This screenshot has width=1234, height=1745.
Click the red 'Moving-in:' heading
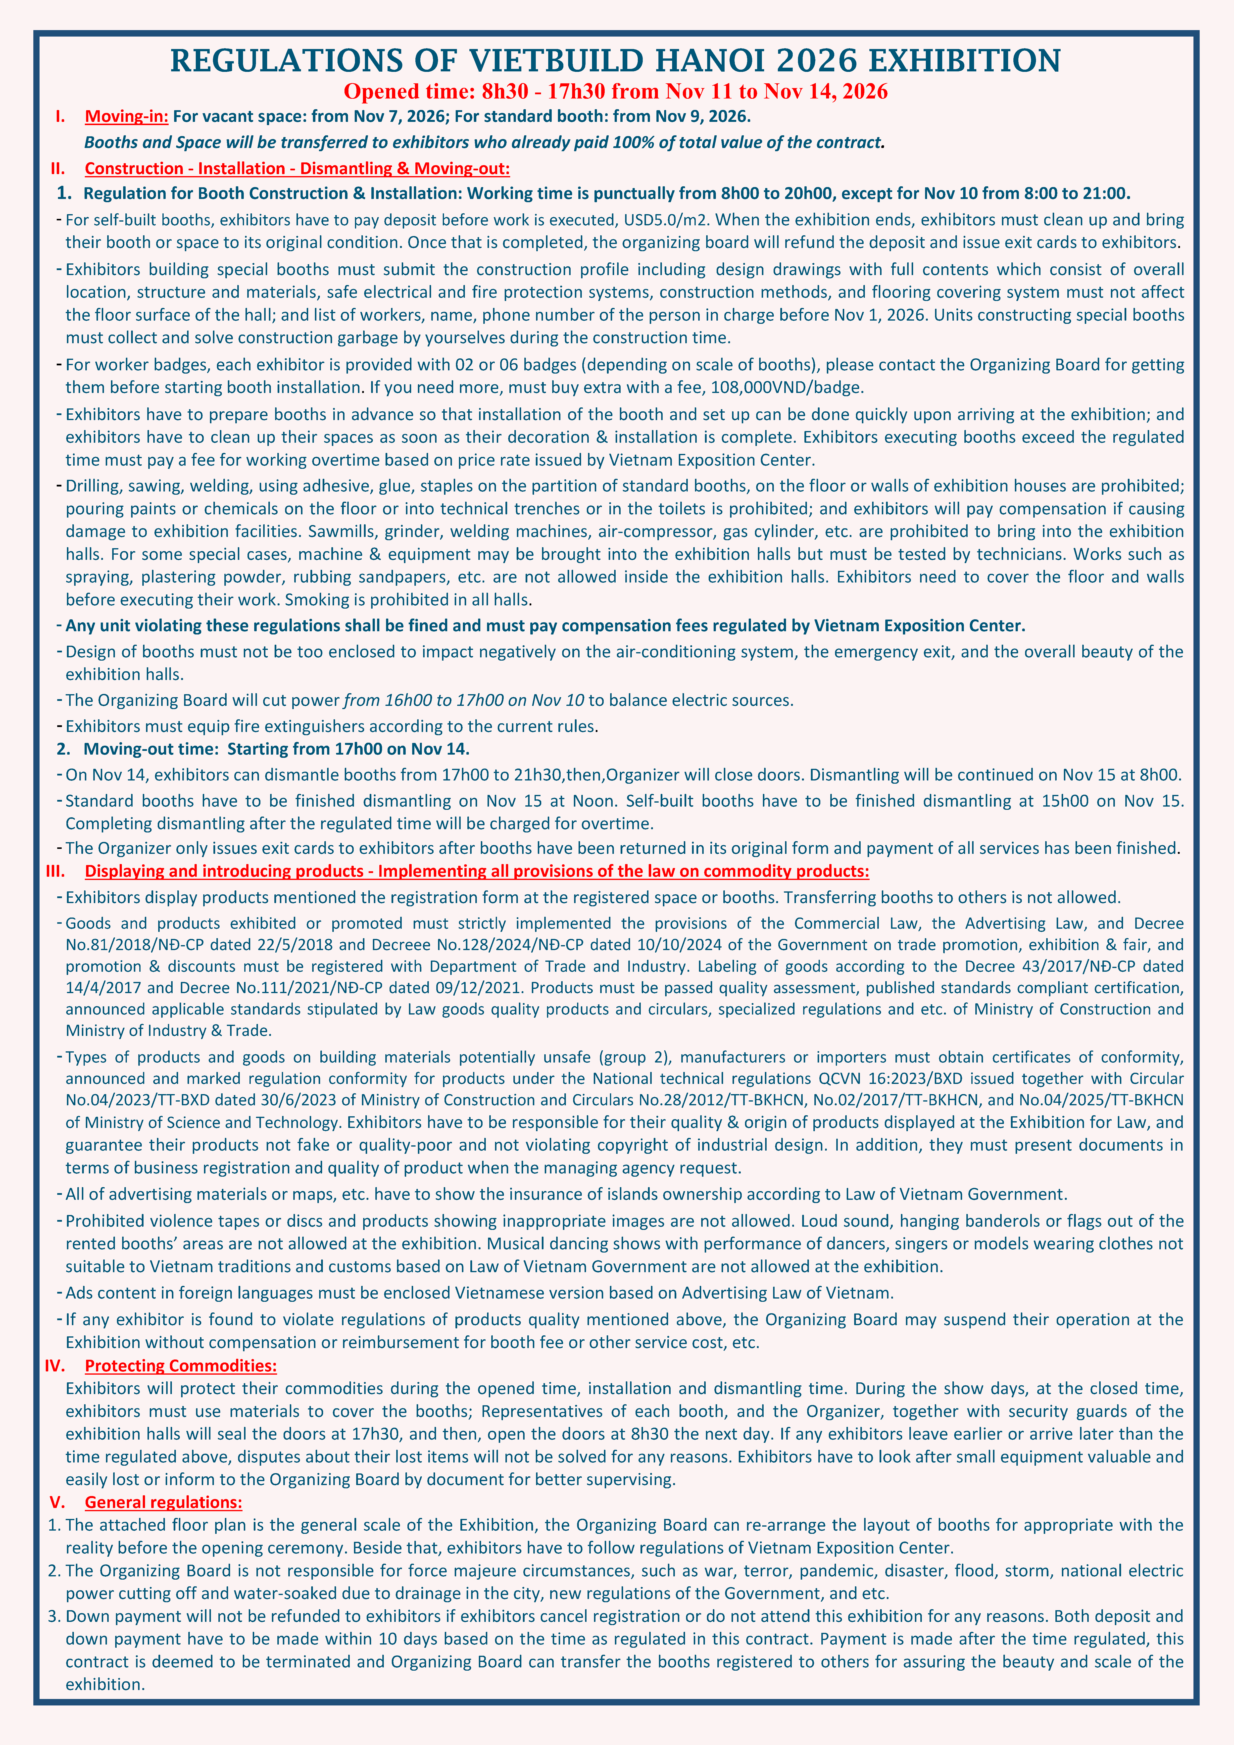tap(126, 116)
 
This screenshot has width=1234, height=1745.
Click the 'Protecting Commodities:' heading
tap(180, 1366)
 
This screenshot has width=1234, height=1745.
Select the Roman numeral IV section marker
tap(55, 1366)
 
